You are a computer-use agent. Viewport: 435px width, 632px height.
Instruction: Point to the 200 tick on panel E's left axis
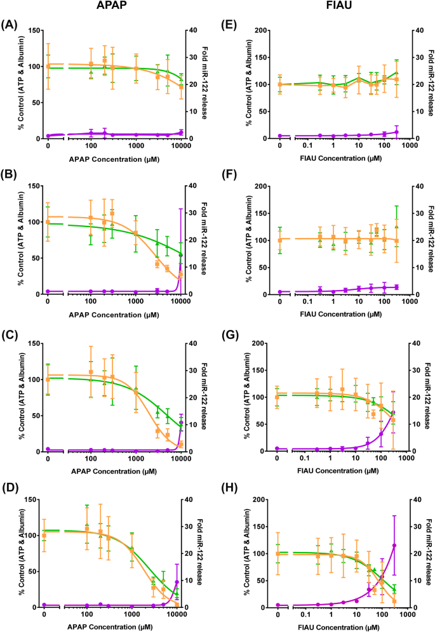coord(257,30)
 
